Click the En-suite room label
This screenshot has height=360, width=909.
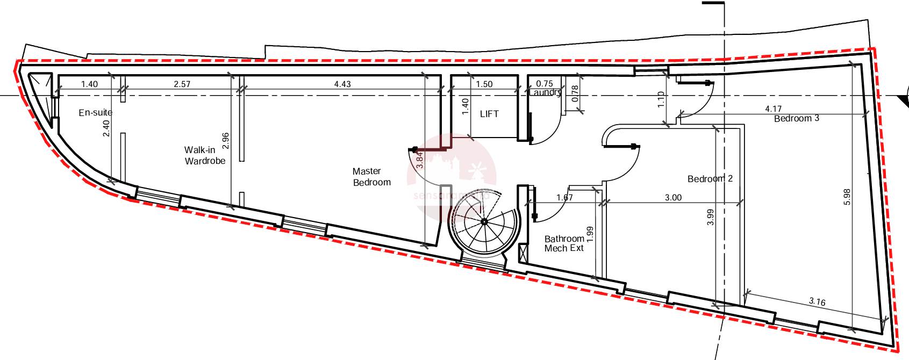(x=95, y=112)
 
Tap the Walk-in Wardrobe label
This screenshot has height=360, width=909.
(x=205, y=155)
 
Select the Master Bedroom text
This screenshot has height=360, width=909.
(x=371, y=177)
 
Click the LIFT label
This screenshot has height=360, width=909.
(x=489, y=114)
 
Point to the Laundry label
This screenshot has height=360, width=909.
(x=545, y=92)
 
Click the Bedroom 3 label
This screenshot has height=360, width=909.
(x=796, y=118)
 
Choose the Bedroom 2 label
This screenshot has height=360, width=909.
(x=710, y=178)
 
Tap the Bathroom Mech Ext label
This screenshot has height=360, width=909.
(x=564, y=243)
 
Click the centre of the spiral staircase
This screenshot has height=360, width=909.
(x=484, y=221)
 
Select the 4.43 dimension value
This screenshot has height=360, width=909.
(x=342, y=84)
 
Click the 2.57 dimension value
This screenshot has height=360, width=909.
(x=182, y=84)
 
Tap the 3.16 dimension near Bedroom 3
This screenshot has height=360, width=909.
(x=817, y=301)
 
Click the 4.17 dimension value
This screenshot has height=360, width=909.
(x=773, y=109)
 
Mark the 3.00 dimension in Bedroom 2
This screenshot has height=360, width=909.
(x=673, y=197)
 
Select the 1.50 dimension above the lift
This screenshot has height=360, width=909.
(x=484, y=84)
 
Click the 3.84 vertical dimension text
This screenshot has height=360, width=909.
(x=420, y=160)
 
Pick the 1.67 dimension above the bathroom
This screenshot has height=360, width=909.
(x=564, y=197)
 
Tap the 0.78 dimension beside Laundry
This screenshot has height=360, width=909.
(x=575, y=94)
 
